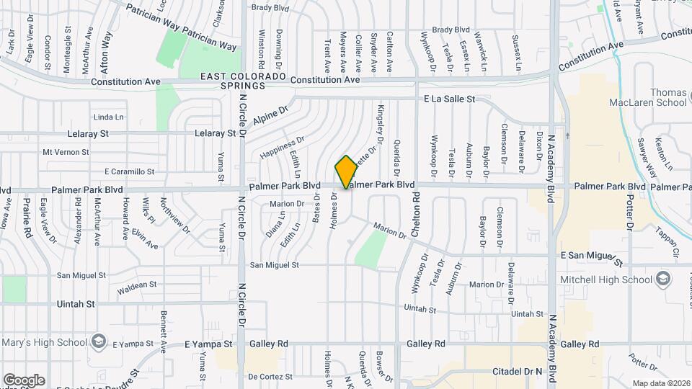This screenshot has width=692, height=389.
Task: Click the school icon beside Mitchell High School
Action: [662, 279]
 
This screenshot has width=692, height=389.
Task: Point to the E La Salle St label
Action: [449, 99]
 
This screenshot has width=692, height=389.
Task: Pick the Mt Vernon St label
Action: [66, 152]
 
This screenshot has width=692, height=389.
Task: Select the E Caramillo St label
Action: [130, 171]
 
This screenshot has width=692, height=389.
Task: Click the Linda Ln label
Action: [109, 117]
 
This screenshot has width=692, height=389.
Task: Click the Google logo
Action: [24, 380]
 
